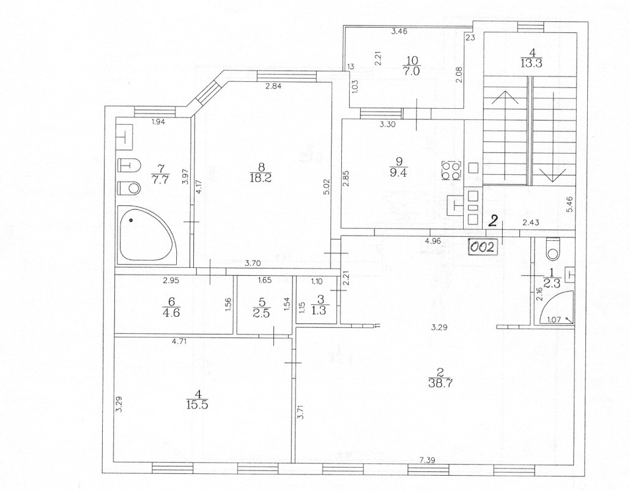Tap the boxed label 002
pos(484,246)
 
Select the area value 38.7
pos(440,383)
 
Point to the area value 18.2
pos(261,177)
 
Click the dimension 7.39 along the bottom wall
pos(427,460)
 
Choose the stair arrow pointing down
pos(552,136)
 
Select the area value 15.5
pos(198,405)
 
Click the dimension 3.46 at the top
pos(399,31)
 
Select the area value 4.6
pos(172,312)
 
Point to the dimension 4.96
pos(432,241)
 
